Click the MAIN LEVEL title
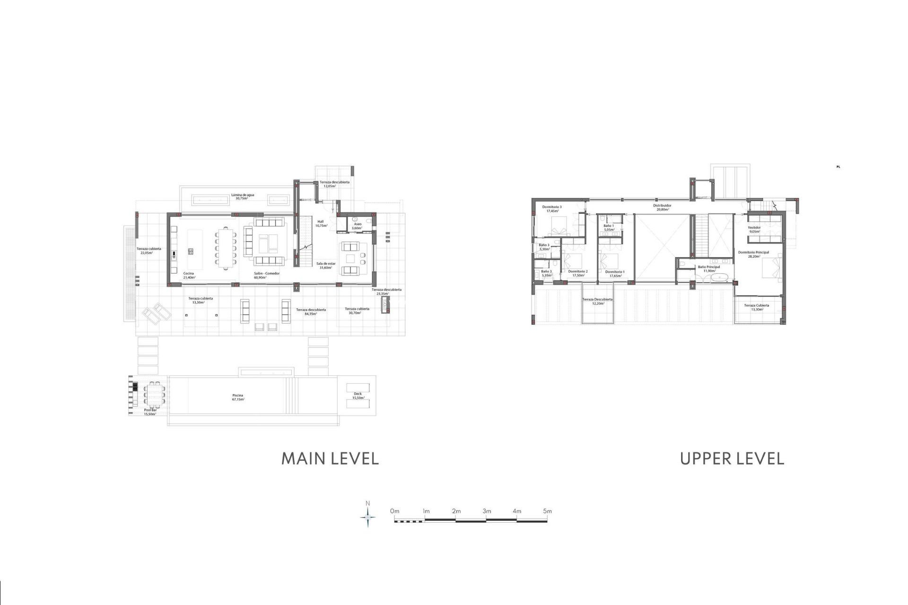[330, 458]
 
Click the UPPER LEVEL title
[732, 458]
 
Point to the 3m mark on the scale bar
[487, 511]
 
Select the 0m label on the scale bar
[394, 511]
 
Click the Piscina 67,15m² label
[238, 398]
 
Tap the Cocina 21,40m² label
[189, 276]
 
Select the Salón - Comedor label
[266, 276]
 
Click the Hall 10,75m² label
[321, 224]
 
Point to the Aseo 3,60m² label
[358, 226]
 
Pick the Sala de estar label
[326, 266]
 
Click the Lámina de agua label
[242, 197]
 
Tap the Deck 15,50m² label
[358, 396]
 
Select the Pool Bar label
[150, 412]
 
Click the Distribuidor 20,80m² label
[662, 207]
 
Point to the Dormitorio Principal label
[753, 254]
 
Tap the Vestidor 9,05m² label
[754, 229]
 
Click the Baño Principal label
[709, 269]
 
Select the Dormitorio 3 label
[552, 209]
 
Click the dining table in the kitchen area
[226, 249]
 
